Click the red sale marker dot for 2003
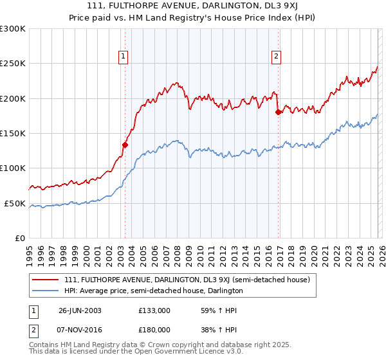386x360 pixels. point(125,145)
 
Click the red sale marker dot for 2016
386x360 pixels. point(278,113)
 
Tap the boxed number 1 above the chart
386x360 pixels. point(123,57)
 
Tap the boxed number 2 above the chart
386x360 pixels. point(276,57)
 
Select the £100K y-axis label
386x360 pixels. point(13,168)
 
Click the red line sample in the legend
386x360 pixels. point(46,280)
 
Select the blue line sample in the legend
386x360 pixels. point(46,291)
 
